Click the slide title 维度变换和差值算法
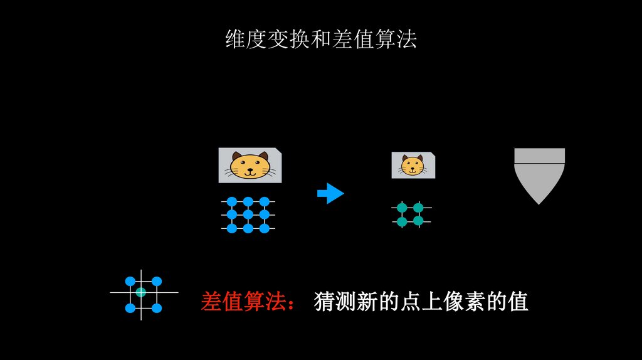tap(320, 40)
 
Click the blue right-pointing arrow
tap(330, 193)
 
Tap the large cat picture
tap(250, 165)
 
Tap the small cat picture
tap(413, 165)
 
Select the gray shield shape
tap(539, 174)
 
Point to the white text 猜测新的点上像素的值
tap(421, 302)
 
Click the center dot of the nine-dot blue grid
tap(248, 215)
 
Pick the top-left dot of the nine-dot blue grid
tap(231, 201)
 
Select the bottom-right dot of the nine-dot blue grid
tap(265, 228)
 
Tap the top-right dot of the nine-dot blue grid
tap(265, 201)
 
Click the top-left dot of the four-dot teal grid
tap(402, 208)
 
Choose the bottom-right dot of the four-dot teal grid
tap(418, 221)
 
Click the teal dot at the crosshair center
tap(141, 292)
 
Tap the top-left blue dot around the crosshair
tap(130, 281)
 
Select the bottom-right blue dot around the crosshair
tap(157, 308)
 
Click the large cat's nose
tap(250, 167)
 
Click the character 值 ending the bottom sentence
tap(518, 302)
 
